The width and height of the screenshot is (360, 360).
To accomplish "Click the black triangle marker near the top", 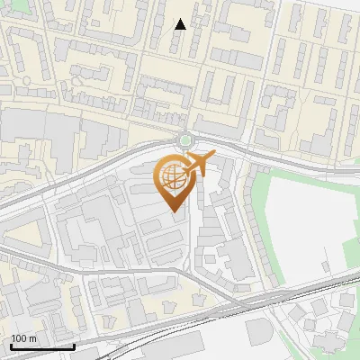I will (181, 24).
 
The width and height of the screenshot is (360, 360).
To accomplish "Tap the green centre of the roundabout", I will (186, 140).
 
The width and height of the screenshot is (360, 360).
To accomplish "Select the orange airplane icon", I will (198, 165).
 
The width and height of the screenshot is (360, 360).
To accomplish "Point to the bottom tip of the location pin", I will (173, 211).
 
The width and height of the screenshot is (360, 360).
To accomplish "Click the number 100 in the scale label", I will (19, 338).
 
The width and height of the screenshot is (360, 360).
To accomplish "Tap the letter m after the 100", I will (32, 338).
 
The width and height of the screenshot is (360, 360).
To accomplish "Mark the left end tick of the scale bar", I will (11, 346).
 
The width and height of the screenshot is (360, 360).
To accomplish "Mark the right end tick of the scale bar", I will (74, 346).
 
